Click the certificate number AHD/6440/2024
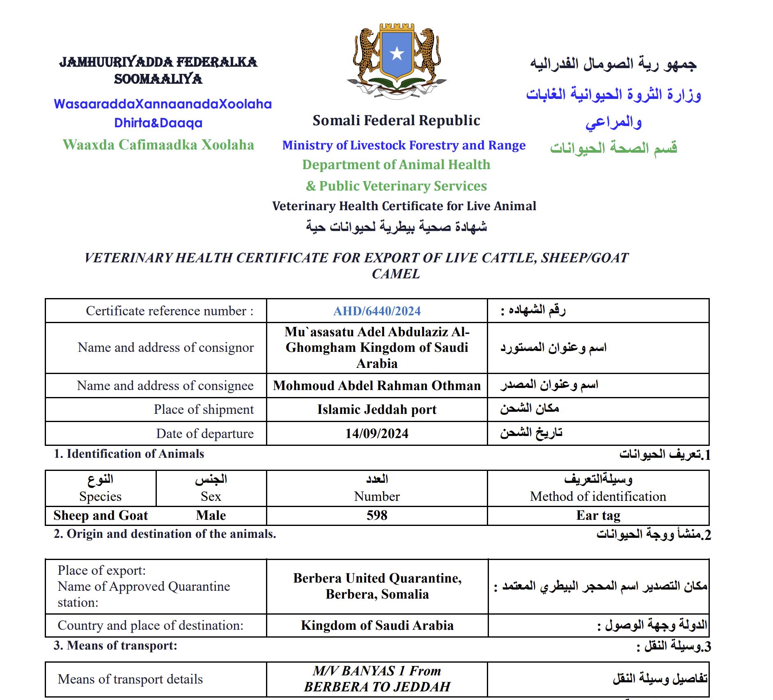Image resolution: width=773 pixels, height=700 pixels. (377, 311)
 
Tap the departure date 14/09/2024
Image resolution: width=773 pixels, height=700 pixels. (377, 434)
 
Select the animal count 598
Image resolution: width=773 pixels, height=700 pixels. (377, 515)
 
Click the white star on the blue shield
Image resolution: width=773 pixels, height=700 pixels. (397, 53)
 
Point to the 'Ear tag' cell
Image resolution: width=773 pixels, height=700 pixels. (598, 515)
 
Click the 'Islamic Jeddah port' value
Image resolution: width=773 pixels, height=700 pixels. (377, 410)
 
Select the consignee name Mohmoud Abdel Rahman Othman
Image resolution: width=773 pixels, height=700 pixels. (377, 386)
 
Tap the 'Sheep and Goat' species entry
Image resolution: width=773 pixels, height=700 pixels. (101, 515)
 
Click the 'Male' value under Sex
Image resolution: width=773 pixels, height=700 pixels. (211, 515)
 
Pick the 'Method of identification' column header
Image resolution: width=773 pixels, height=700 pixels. (598, 496)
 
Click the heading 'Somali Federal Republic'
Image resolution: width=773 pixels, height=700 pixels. (396, 120)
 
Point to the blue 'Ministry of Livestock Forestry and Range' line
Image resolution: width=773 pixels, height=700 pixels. (404, 145)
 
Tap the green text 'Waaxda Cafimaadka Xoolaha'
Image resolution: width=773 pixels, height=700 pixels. (158, 145)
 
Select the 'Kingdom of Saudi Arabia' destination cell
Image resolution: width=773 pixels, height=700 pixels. (377, 625)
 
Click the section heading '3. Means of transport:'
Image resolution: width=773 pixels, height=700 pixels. (115, 645)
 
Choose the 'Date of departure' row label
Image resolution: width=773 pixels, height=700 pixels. (204, 434)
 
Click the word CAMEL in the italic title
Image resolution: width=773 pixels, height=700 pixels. (396, 274)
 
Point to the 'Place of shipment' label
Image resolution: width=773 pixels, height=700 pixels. (204, 410)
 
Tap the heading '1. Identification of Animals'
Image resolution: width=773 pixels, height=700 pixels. (129, 454)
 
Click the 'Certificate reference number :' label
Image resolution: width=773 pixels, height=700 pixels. (170, 311)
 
